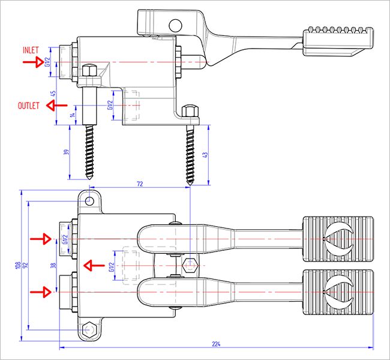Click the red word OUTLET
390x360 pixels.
28,106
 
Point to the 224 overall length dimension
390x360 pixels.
217,344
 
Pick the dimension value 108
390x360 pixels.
18,264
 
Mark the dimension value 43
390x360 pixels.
206,155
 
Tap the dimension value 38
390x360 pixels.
53,264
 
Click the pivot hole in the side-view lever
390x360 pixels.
175,25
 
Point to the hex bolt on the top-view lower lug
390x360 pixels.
89,329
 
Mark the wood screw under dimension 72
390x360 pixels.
190,154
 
